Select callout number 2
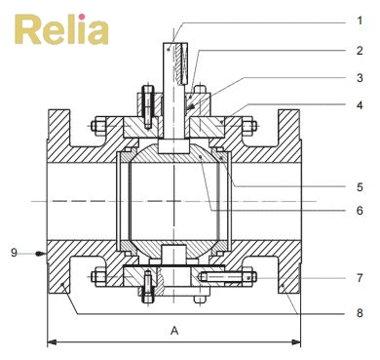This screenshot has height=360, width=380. coord(361,50)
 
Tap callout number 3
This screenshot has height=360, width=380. coord(361,77)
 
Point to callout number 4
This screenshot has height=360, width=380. coord(361,105)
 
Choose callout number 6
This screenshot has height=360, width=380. coord(361,210)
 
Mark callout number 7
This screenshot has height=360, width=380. coord(361,278)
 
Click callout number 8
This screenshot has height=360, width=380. coord(361,313)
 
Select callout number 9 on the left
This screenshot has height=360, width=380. coord(15,253)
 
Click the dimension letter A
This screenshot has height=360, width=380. coord(174,331)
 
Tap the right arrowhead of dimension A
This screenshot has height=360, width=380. coord(296,341)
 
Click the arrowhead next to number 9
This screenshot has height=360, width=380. coord(40,253)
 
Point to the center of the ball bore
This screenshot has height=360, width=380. coord(174,199)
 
